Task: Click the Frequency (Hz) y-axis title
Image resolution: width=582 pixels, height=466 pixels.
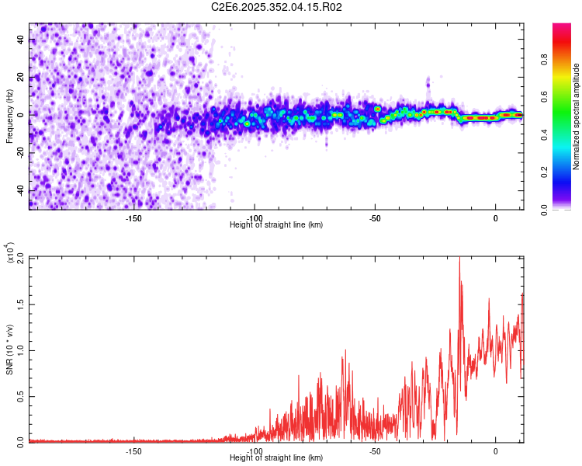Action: (x=9, y=116)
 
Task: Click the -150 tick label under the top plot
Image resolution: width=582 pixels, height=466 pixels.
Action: (x=133, y=218)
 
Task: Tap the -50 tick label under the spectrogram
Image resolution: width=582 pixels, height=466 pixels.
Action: (x=375, y=218)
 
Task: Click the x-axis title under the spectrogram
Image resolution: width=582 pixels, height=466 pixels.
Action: (x=277, y=225)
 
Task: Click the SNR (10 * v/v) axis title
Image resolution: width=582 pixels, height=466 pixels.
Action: (x=9, y=349)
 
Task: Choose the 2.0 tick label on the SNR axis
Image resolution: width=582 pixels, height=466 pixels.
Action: (x=20, y=259)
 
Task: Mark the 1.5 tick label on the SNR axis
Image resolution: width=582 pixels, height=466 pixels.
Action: (x=20, y=304)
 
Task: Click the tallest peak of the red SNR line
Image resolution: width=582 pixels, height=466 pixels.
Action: (x=459, y=258)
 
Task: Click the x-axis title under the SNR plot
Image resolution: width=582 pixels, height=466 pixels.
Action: (x=277, y=458)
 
